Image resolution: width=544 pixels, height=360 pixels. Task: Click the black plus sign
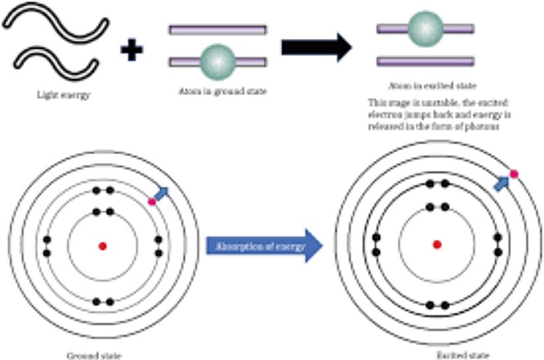tap(132, 49)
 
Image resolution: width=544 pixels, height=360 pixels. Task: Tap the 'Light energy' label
tap(63, 95)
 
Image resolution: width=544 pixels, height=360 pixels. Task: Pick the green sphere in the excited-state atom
tap(425, 28)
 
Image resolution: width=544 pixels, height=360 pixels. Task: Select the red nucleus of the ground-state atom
tap(102, 246)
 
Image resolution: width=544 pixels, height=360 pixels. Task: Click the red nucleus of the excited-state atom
tap(437, 245)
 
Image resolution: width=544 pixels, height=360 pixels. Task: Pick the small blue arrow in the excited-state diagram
tap(502, 183)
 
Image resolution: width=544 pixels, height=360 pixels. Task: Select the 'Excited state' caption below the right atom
tap(448, 354)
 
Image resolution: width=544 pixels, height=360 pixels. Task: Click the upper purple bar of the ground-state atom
tap(218, 30)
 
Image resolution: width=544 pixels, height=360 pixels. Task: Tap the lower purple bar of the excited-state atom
tap(425, 61)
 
